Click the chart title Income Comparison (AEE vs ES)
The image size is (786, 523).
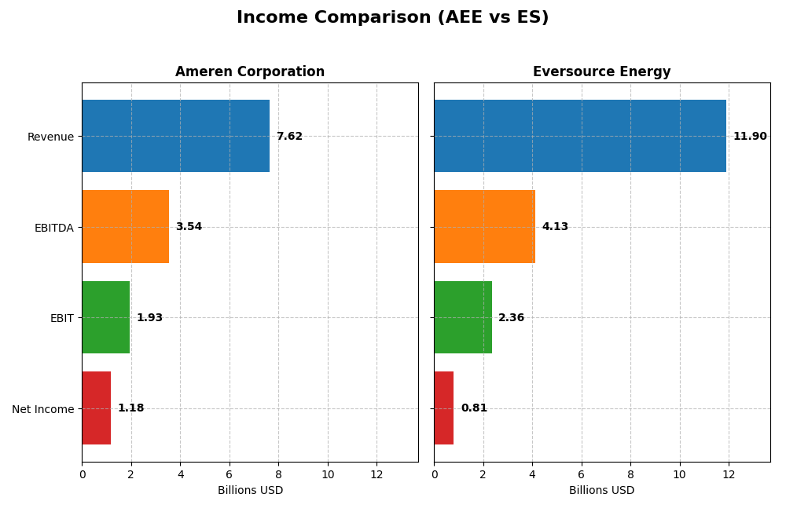pos(392,18)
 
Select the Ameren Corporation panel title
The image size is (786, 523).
pos(249,72)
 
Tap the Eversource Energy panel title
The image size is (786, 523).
pos(601,72)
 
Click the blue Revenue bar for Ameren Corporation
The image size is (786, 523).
pos(175,136)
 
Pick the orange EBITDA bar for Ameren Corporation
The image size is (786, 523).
pos(125,227)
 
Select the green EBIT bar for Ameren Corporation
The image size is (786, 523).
pos(105,317)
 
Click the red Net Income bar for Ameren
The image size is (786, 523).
pos(96,408)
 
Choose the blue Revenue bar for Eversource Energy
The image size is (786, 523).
pos(579,136)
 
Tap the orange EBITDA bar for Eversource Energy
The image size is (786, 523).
pos(484,227)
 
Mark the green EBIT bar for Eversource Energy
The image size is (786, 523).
pos(462,317)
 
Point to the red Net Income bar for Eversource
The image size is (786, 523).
pos(443,408)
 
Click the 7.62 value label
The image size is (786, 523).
pos(289,137)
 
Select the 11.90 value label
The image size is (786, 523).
pos(750,137)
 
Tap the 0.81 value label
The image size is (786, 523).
pos(474,408)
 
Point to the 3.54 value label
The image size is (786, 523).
pos(189,227)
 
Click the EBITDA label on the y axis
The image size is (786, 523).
pos(53,228)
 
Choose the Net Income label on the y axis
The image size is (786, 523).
pos(42,409)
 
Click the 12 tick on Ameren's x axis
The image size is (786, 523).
pos(376,474)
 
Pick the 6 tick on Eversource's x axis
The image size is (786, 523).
pos(581,474)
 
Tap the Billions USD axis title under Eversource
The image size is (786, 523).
pos(601,491)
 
